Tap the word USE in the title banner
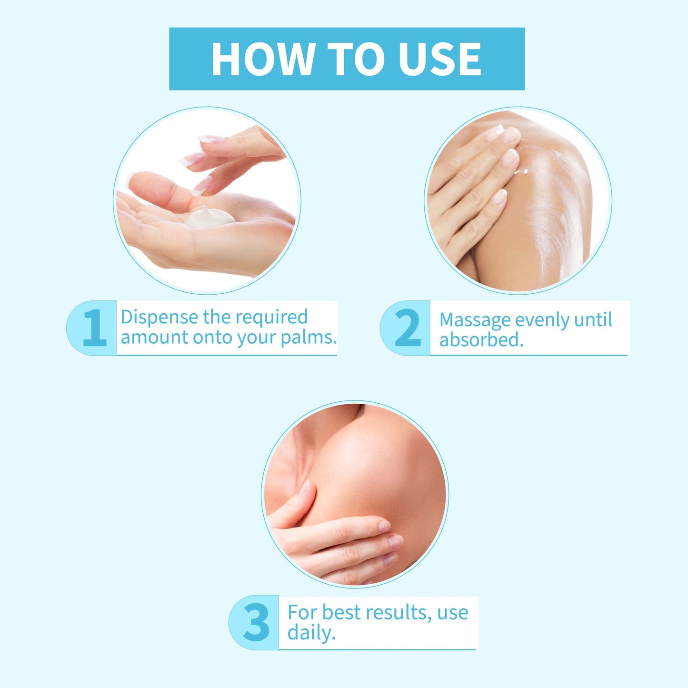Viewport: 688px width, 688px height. (440, 59)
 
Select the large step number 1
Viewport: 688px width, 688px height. (95, 328)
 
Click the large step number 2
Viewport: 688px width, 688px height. (408, 328)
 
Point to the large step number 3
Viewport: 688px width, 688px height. (256, 622)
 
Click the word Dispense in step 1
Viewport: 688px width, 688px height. (160, 318)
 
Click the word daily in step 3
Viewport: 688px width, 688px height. (311, 633)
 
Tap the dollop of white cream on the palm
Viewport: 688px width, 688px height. (209, 217)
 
